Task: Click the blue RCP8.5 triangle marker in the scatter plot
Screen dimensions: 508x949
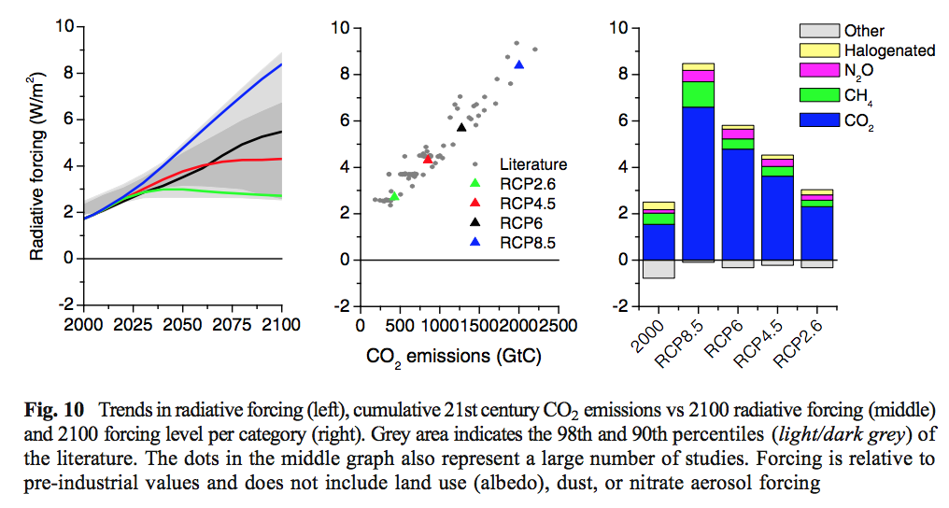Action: click(x=519, y=64)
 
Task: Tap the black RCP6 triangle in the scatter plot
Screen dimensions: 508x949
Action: click(x=461, y=127)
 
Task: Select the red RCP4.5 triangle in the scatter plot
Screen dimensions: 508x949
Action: click(x=428, y=159)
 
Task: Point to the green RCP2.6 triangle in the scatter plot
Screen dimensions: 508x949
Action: click(x=394, y=196)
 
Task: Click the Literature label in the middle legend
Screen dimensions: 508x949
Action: click(x=533, y=165)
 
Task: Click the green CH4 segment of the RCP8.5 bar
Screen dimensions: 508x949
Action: click(x=699, y=94)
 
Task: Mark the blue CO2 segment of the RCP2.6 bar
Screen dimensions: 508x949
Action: click(x=817, y=233)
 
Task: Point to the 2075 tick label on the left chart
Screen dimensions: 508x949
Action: click(x=232, y=325)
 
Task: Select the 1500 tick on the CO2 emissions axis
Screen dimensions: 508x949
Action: click(x=482, y=325)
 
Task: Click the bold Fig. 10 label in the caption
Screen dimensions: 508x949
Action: click(x=56, y=410)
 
